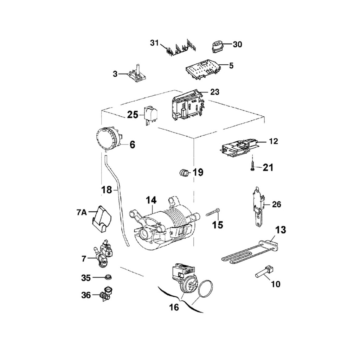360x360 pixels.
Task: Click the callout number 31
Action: (154, 43)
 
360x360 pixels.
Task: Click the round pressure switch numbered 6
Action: (109, 138)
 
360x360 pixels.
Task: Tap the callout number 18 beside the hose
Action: (107, 190)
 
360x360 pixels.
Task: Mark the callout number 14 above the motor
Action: (151, 200)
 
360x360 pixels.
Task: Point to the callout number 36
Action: (86, 295)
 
